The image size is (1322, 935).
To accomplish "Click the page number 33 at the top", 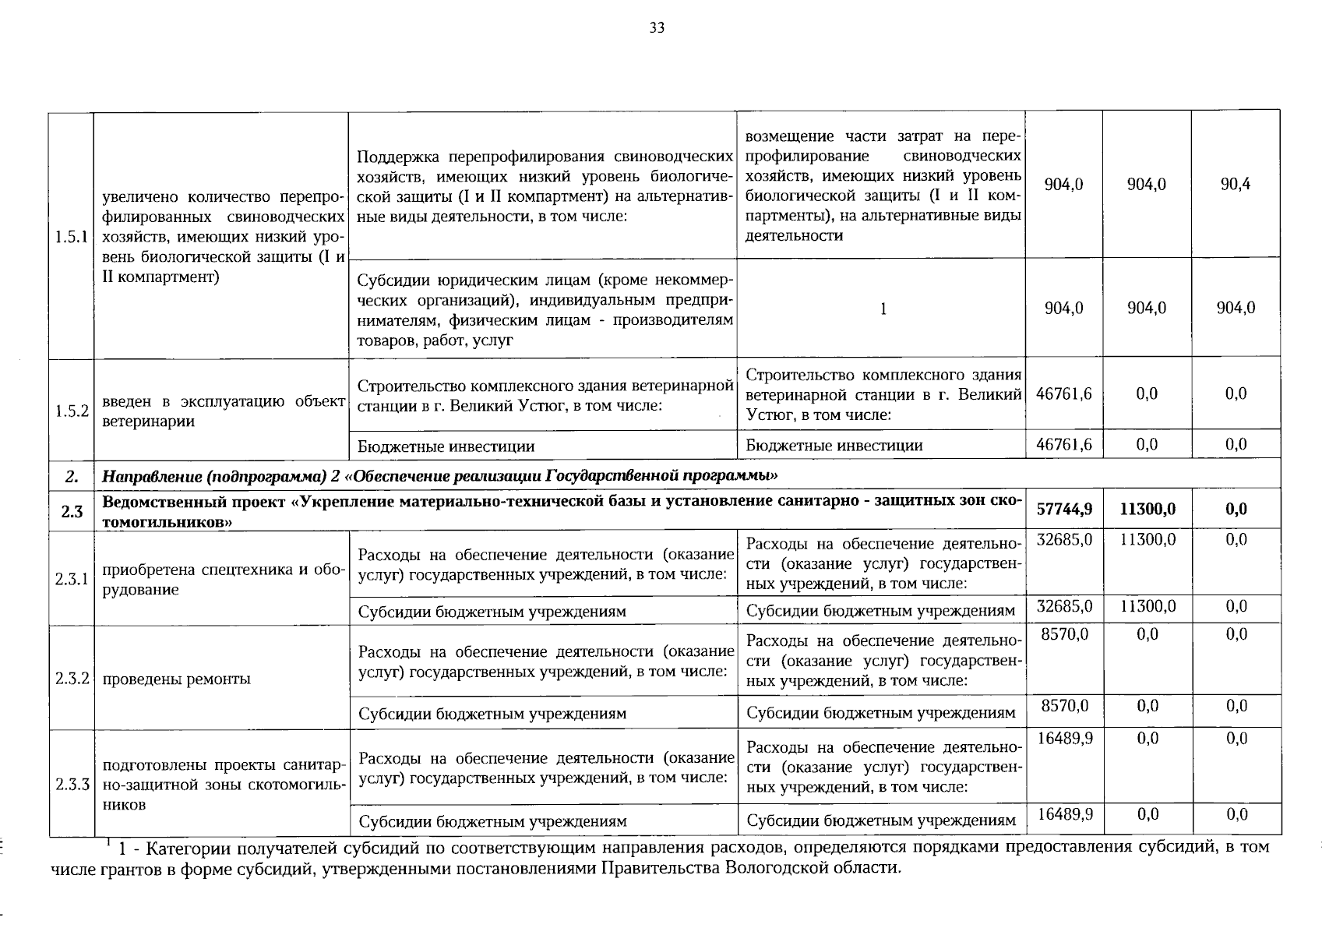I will tap(657, 29).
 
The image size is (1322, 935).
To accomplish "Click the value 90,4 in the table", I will tap(1236, 185).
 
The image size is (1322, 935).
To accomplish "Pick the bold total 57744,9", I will tap(1064, 510).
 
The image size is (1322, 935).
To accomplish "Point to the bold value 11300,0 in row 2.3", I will tap(1147, 510).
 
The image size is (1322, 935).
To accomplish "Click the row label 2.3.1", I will tap(71, 579).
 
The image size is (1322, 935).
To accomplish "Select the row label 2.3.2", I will tap(71, 679).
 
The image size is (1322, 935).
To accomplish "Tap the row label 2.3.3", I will tap(71, 784).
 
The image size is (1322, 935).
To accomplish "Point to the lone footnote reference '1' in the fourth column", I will tap(883, 309).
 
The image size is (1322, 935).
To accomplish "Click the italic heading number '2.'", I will tap(71, 475).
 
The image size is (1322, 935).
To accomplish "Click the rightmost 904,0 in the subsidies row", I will tap(1236, 309).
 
